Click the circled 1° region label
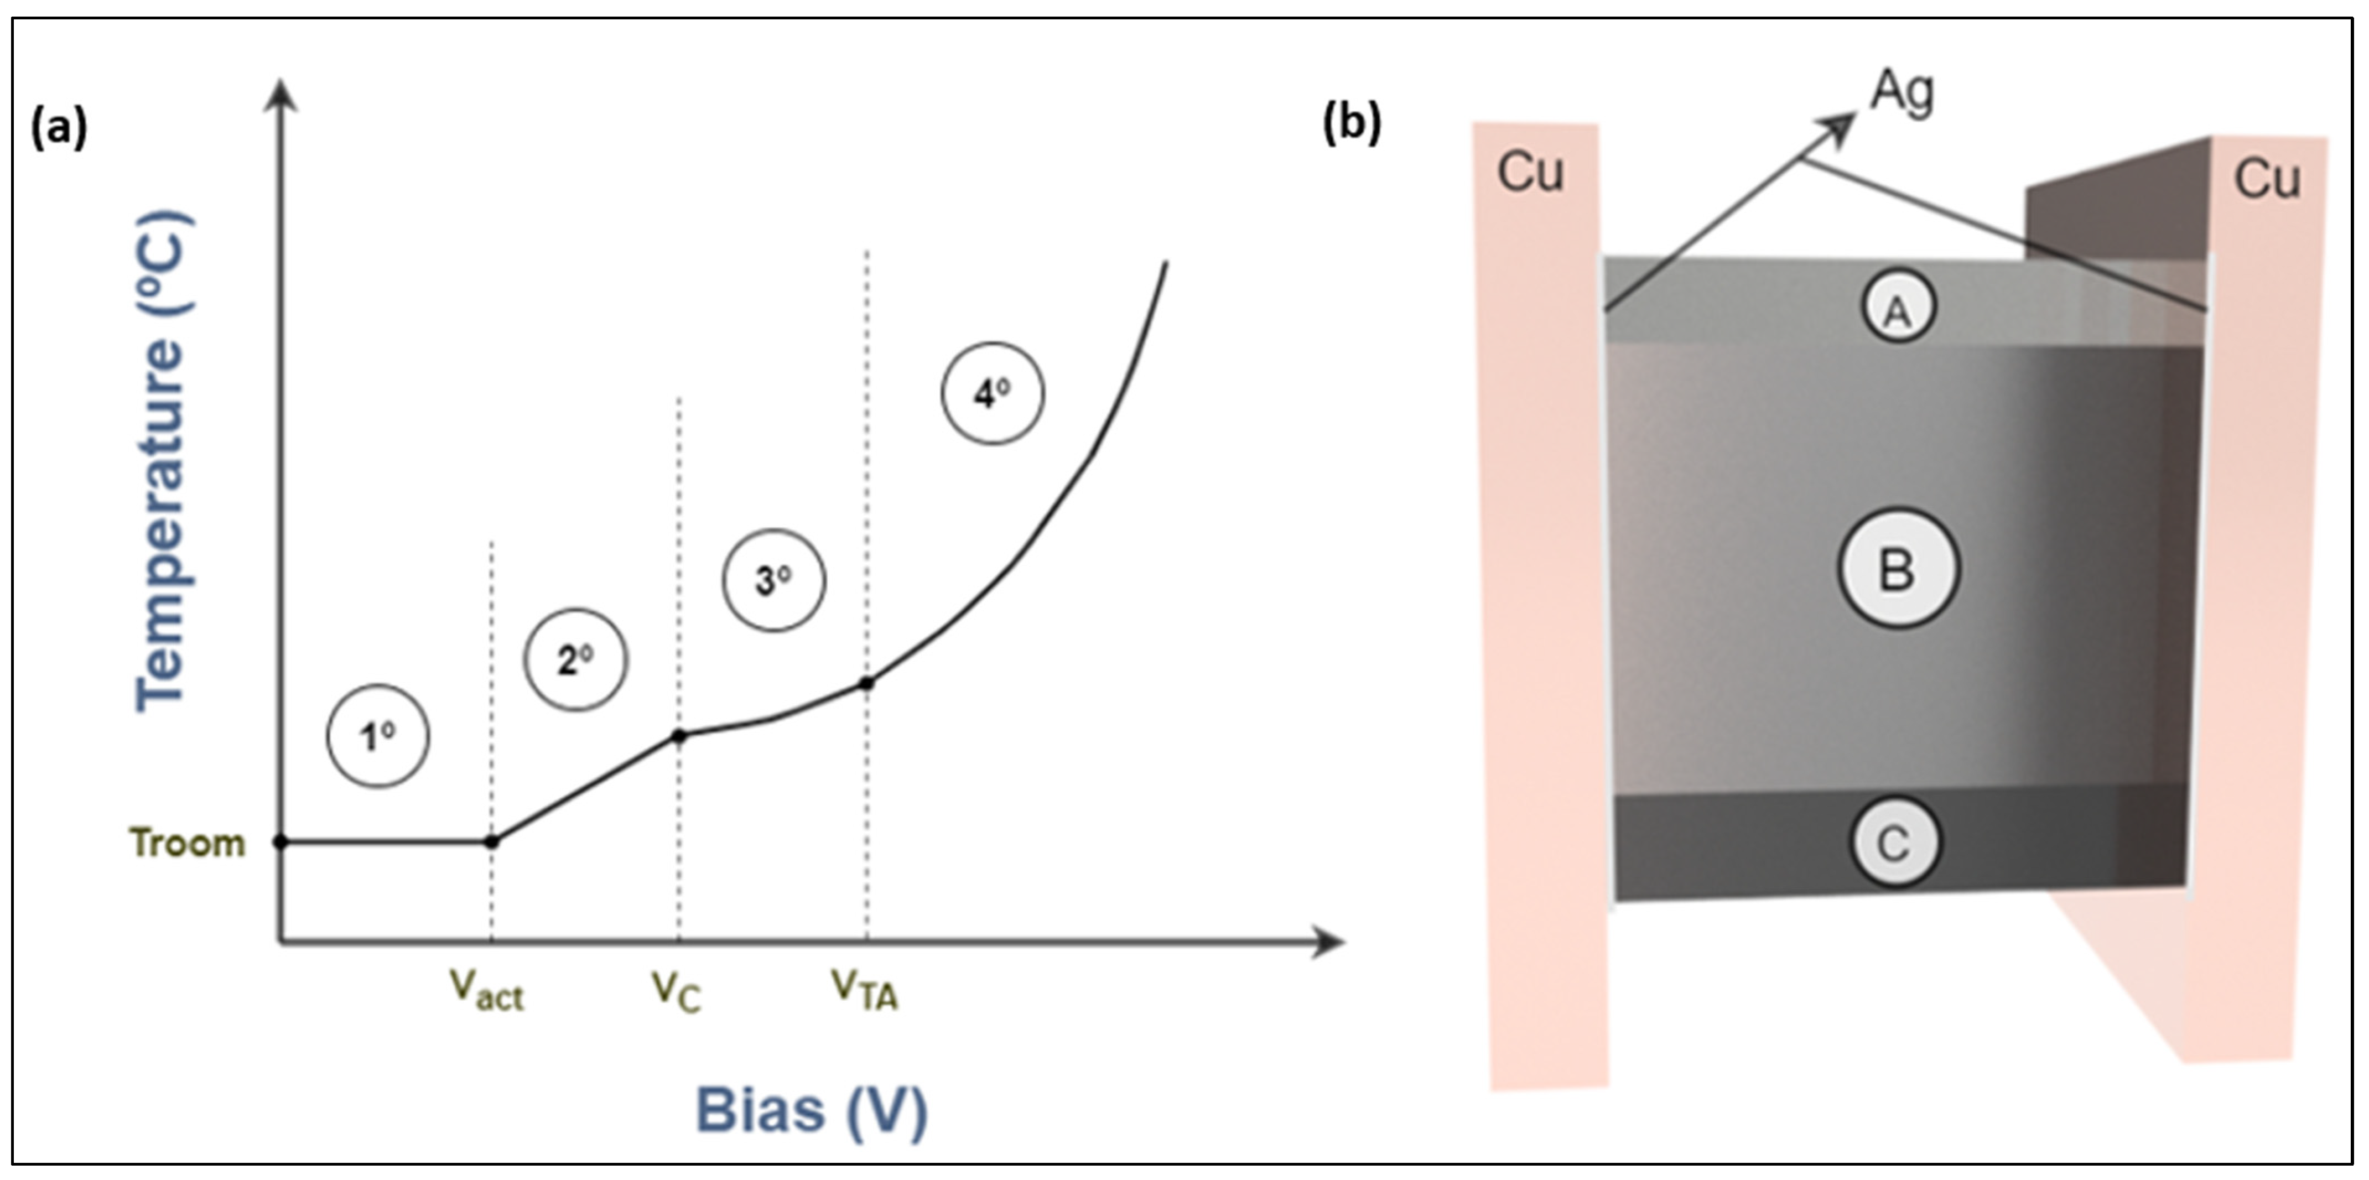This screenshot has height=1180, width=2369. point(378,736)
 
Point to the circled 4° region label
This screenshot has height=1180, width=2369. point(993,394)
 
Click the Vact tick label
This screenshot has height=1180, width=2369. point(486,991)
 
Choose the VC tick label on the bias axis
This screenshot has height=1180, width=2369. point(677,991)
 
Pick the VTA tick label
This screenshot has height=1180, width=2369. point(865,991)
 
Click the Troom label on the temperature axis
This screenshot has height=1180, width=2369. point(188,843)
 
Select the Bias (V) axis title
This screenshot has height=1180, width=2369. point(811,1111)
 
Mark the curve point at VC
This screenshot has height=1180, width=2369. point(679,736)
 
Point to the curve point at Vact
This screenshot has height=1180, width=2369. point(491,841)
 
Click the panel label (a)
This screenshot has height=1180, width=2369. point(59,127)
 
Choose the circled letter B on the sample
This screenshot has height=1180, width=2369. point(1898,568)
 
